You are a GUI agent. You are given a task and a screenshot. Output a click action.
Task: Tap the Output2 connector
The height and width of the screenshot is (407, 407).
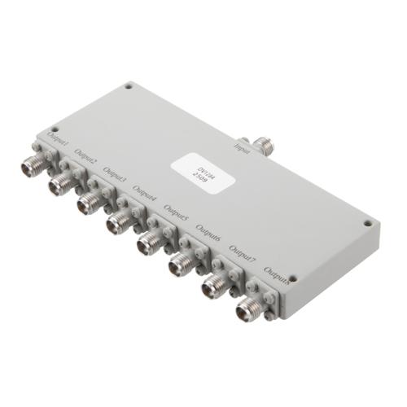coord(59,185)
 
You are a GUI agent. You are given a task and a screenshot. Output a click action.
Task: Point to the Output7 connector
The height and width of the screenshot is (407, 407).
coord(213,286)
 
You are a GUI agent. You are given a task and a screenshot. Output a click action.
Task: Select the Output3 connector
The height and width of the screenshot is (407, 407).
coord(88,203)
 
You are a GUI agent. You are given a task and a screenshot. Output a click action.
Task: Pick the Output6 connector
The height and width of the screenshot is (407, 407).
coord(180,264)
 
